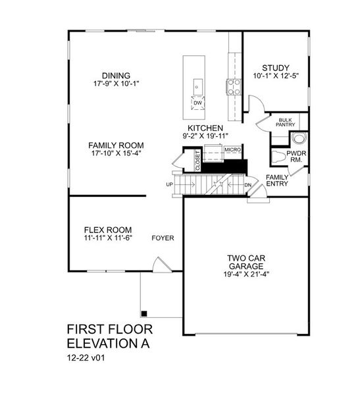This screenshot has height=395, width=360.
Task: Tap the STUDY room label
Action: coord(276,68)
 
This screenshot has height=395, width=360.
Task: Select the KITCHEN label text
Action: coord(205,128)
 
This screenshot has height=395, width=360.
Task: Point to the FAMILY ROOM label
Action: coord(116,145)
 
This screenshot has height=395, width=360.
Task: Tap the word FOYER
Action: coord(163,238)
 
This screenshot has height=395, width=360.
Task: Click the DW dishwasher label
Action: coord(197,103)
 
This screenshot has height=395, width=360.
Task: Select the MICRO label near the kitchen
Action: coord(232,150)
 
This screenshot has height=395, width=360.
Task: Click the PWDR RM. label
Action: coord(294,155)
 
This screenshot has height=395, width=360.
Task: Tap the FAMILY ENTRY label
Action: coord(278,180)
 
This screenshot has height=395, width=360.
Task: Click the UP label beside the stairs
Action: coord(169,184)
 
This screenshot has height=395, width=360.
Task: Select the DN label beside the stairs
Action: coord(247,185)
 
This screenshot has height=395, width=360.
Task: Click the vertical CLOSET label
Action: coord(197,161)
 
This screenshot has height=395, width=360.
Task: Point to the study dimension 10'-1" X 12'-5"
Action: coord(276,76)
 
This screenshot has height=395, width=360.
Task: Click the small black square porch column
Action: coord(144,312)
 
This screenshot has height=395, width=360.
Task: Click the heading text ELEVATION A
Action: coord(109,342)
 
